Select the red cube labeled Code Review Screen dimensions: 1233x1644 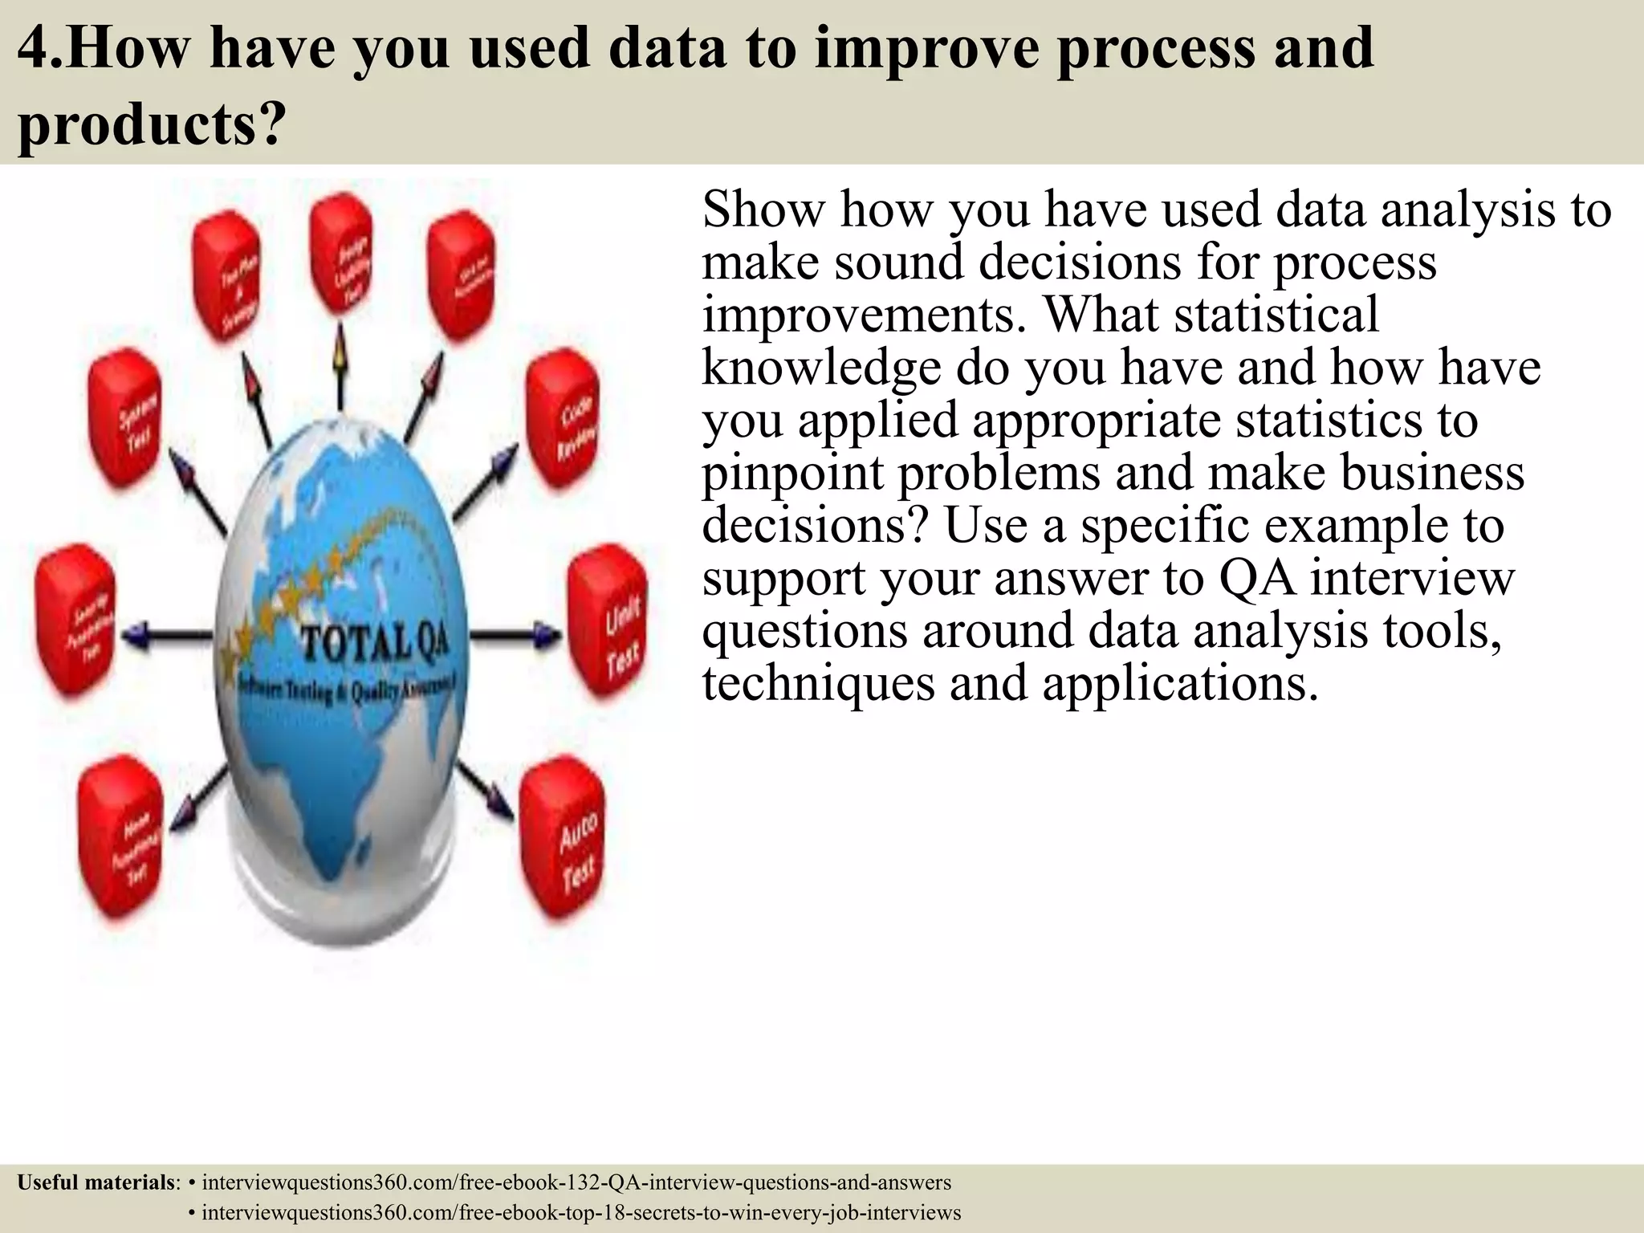[564, 423]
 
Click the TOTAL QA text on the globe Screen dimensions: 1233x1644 [374, 643]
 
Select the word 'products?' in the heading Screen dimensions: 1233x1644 [152, 124]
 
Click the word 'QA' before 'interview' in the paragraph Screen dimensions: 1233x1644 [1257, 578]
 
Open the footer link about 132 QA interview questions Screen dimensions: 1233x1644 [576, 1182]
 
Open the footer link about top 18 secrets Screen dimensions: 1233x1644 [581, 1212]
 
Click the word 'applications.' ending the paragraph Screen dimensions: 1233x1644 [1180, 683]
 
